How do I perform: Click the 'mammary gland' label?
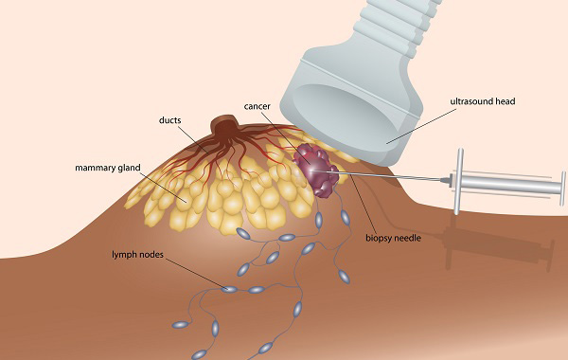(x=108, y=168)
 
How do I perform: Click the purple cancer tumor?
(x=313, y=170)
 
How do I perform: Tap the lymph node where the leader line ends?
(x=228, y=289)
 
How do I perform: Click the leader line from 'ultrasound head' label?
(x=417, y=123)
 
